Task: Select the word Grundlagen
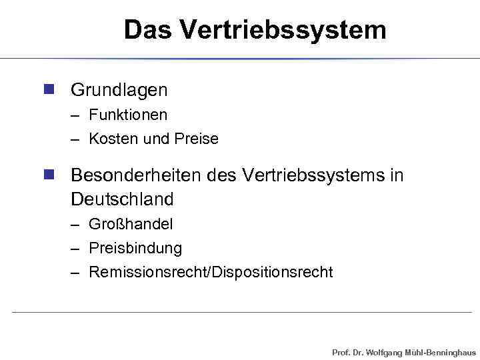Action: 119,89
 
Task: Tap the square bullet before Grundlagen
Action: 48,89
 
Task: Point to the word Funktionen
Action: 128,115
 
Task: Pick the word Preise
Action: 197,139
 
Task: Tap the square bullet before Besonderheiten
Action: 48,175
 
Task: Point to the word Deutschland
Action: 122,199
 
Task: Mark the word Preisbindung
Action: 135,248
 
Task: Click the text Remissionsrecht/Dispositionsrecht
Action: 211,272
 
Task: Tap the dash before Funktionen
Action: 77,115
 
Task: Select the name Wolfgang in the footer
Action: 385,351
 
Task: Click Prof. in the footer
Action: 340,351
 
